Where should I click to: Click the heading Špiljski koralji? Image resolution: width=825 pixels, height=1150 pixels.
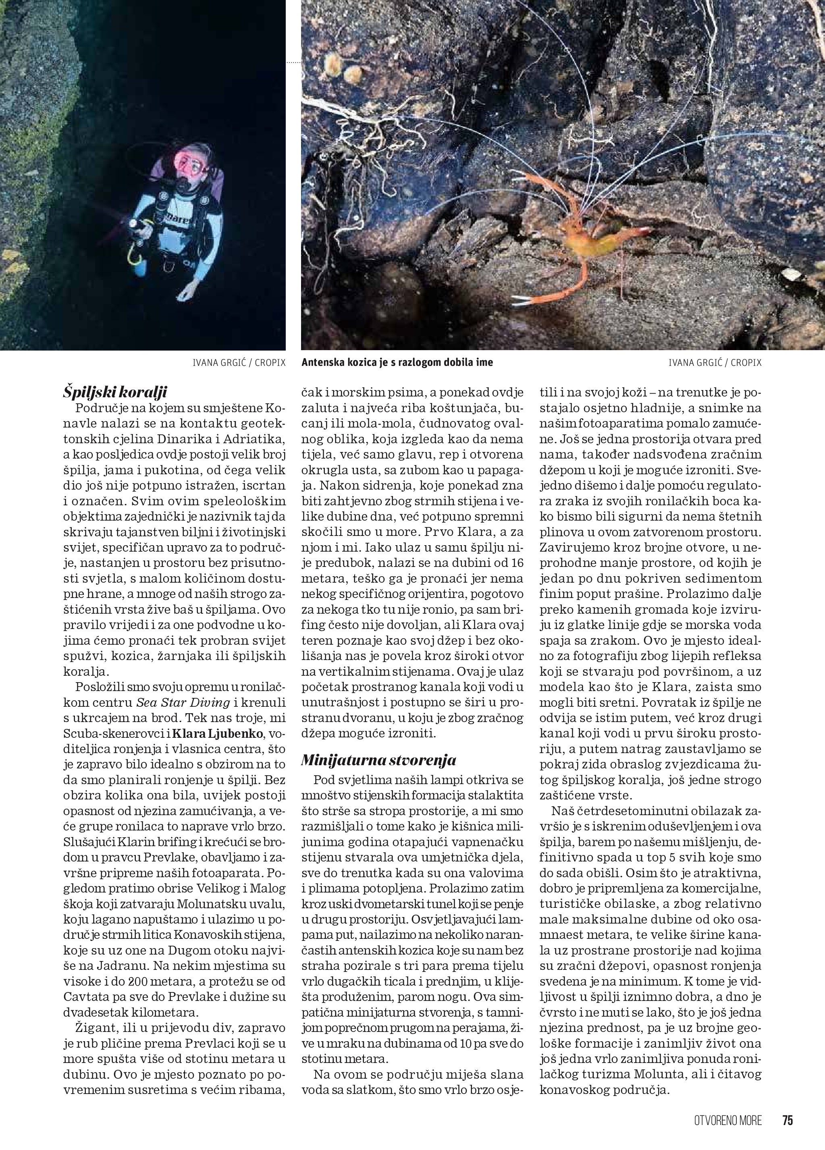(115, 392)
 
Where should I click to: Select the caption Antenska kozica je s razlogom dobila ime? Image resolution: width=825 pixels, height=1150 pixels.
(397, 363)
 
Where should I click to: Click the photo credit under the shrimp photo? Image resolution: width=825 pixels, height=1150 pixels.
(715, 363)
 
